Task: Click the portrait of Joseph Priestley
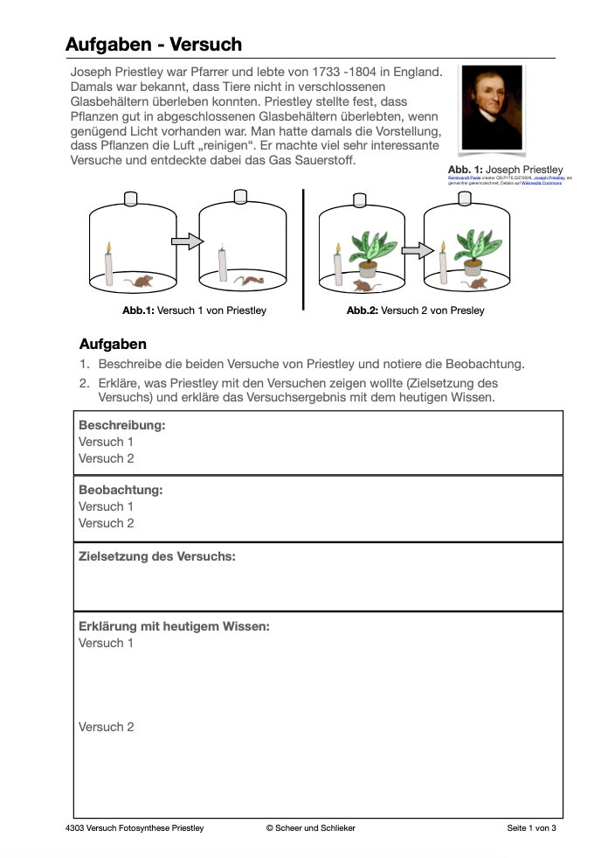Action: (x=492, y=107)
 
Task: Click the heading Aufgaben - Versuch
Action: (x=154, y=44)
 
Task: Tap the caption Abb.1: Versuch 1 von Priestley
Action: (x=194, y=310)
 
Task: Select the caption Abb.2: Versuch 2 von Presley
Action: (x=415, y=310)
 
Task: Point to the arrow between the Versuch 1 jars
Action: (x=186, y=241)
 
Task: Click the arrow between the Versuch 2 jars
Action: (x=418, y=251)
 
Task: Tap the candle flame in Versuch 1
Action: (x=109, y=248)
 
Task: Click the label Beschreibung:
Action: (x=122, y=425)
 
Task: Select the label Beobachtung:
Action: (x=121, y=490)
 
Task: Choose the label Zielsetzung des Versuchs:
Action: (x=157, y=556)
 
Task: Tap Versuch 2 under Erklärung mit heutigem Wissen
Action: (x=107, y=727)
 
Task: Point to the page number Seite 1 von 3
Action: (x=531, y=828)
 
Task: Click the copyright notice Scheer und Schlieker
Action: (x=310, y=828)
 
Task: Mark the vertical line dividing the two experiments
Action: (x=303, y=249)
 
